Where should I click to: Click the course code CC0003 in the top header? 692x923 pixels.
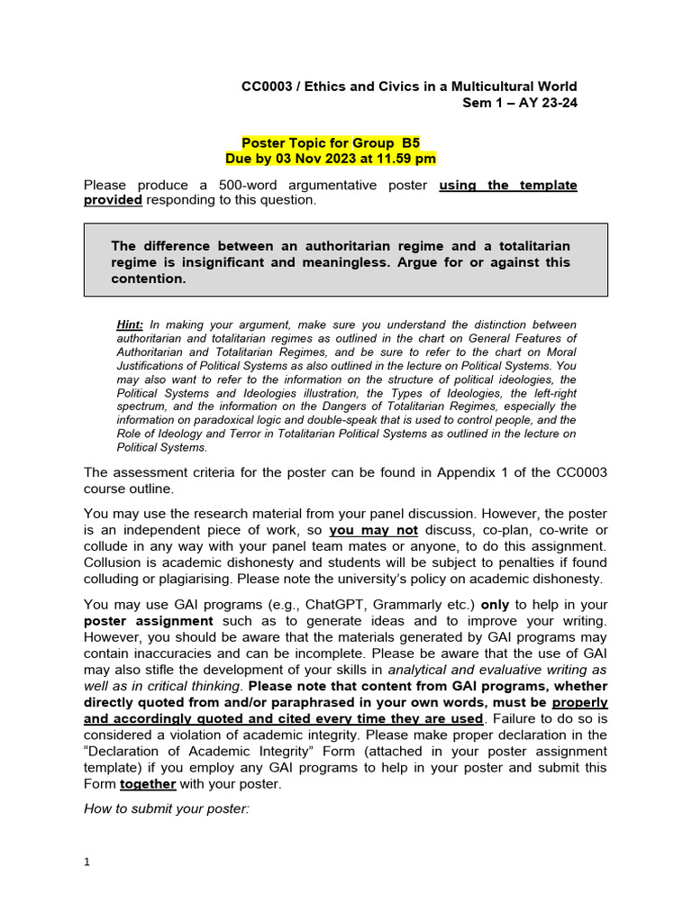click(266, 87)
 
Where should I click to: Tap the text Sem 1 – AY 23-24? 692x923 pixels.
click(519, 103)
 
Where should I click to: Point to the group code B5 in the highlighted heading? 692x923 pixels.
click(411, 142)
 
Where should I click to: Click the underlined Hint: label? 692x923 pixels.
click(131, 324)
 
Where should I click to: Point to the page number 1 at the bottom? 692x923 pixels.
click(87, 863)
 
